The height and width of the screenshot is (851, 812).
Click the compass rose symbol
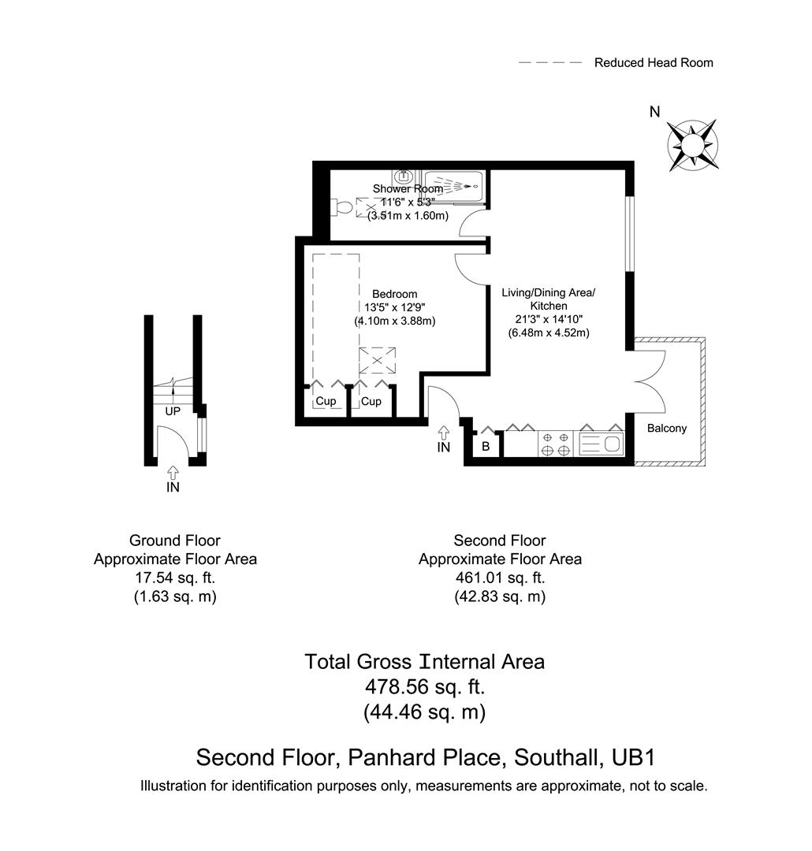pyautogui.click(x=692, y=144)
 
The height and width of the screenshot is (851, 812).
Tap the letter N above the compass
pyautogui.click(x=654, y=112)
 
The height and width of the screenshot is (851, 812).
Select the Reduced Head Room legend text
pyautogui.click(x=654, y=62)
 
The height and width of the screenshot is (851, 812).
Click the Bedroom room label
pyautogui.click(x=395, y=295)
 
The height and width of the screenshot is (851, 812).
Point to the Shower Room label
pyautogui.click(x=408, y=189)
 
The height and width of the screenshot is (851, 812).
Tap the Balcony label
pyautogui.click(x=667, y=429)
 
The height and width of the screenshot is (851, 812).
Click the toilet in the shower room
pyautogui.click(x=343, y=207)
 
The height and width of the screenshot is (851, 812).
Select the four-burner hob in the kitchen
pyautogui.click(x=557, y=444)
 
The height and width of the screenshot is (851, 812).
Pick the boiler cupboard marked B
pyautogui.click(x=486, y=445)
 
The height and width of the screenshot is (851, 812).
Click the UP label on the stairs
pyautogui.click(x=173, y=411)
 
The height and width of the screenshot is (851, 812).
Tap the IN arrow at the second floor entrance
pyautogui.click(x=444, y=433)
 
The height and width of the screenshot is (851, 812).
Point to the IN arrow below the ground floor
pyautogui.click(x=173, y=473)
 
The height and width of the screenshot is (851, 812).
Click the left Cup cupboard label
pyautogui.click(x=326, y=402)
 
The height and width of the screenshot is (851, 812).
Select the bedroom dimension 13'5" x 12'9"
pyautogui.click(x=395, y=308)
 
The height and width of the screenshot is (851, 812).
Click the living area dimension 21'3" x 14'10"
pyautogui.click(x=549, y=319)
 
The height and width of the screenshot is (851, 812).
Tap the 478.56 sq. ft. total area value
pyautogui.click(x=424, y=687)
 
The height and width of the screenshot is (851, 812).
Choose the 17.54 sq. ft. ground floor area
pyautogui.click(x=175, y=578)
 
